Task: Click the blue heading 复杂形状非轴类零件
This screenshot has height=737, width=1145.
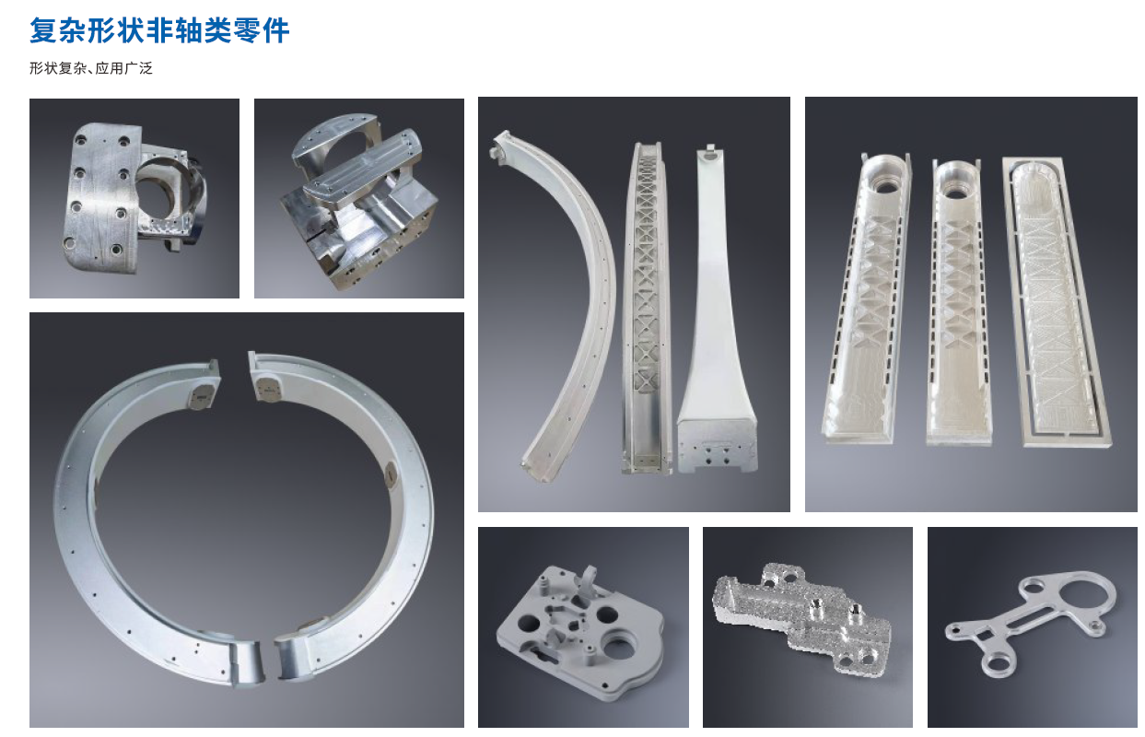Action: (159, 30)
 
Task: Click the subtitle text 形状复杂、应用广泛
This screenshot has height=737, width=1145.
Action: (91, 68)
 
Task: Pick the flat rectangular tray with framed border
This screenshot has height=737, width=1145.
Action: (1056, 301)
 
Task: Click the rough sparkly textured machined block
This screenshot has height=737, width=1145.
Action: (801, 619)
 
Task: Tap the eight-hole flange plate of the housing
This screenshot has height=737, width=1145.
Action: (102, 197)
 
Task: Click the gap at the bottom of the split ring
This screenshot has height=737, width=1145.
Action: (269, 661)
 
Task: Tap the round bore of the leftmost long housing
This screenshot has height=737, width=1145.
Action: (887, 186)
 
